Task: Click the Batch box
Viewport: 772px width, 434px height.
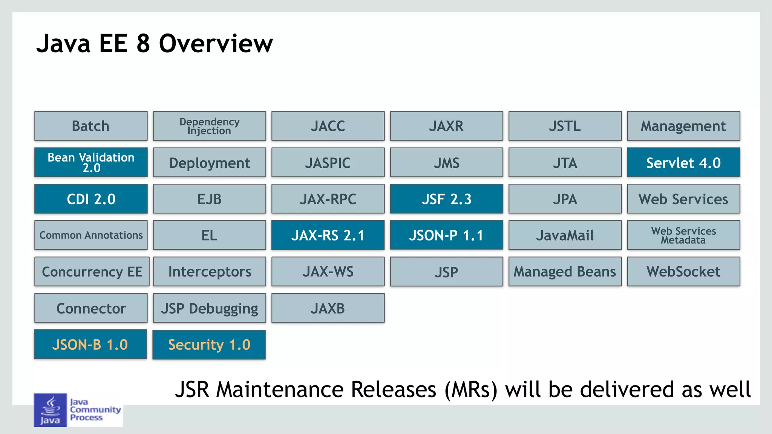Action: tap(91, 126)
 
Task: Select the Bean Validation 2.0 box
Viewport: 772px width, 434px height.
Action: tap(91, 162)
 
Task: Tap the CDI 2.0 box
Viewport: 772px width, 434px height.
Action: tap(91, 199)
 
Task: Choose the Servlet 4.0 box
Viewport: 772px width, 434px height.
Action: tap(683, 162)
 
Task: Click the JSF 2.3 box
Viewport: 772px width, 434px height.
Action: tap(446, 199)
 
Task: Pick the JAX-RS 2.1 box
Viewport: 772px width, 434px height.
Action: tap(328, 235)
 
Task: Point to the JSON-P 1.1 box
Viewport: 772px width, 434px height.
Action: tap(446, 235)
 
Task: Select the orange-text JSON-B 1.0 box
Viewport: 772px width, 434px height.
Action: tap(90, 344)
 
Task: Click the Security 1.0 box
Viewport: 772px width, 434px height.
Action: tap(209, 344)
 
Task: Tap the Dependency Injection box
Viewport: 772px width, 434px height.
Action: tap(209, 126)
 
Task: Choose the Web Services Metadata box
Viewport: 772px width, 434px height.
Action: tap(683, 235)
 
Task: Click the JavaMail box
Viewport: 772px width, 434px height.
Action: tap(565, 235)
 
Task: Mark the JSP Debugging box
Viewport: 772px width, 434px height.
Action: tap(209, 308)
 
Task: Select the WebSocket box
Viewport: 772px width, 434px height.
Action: tap(683, 271)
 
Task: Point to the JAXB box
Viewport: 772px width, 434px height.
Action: tap(328, 308)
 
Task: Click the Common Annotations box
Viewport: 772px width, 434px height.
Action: tap(91, 235)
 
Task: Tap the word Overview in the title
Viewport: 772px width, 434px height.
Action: tap(216, 44)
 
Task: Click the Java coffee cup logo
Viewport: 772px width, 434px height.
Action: tap(50, 410)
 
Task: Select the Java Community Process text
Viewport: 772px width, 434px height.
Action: tap(95, 410)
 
